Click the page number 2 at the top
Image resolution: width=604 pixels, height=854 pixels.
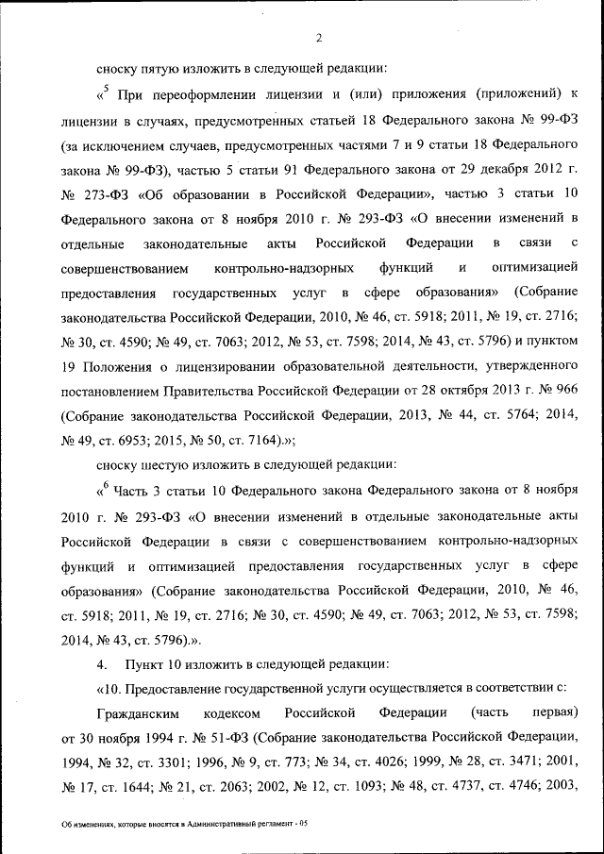pyautogui.click(x=319, y=38)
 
